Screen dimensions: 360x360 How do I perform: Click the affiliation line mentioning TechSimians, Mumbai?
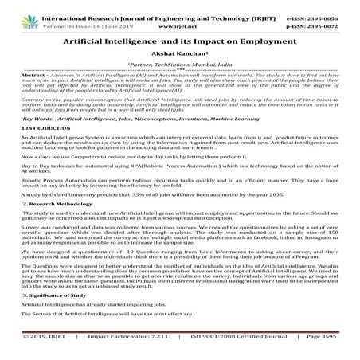pyautogui.click(x=179, y=65)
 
